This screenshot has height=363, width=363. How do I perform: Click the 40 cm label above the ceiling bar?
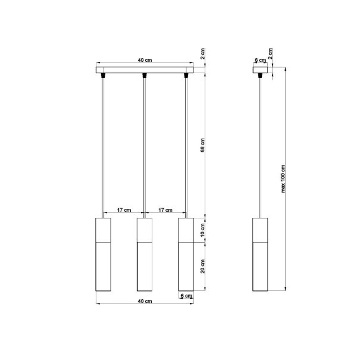tap(143, 61)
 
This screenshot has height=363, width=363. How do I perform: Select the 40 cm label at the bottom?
tap(143, 302)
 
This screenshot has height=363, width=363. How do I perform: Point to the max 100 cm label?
tap(284, 179)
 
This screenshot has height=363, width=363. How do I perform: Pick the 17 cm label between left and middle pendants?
tap(124, 210)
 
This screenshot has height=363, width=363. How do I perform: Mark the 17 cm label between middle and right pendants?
tap(165, 210)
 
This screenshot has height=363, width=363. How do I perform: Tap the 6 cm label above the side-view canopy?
tap(259, 61)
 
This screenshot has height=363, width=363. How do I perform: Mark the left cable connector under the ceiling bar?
tap(103, 76)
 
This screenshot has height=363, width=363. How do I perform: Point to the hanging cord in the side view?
tap(260, 149)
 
